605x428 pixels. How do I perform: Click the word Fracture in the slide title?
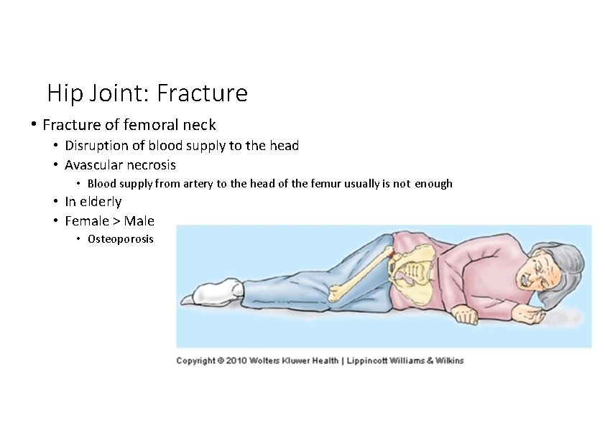pos(202,93)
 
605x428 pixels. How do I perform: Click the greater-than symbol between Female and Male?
pos(117,220)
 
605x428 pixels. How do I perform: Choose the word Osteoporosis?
pos(121,239)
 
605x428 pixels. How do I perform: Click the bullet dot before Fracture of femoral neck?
pos(33,124)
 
